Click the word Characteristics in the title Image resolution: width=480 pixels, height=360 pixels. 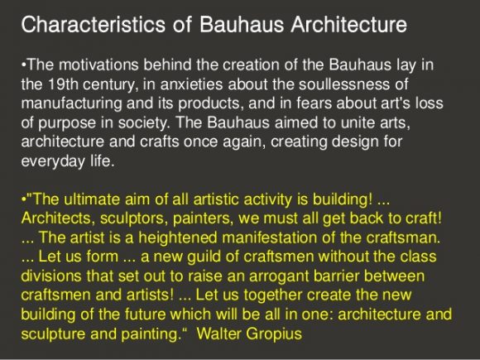tap(94, 24)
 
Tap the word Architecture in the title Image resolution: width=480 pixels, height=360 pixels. tap(348, 24)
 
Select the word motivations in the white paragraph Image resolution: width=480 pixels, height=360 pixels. tap(98, 65)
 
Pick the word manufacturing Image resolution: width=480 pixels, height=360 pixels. tap(72, 103)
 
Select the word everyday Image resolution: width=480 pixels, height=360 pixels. tap(53, 161)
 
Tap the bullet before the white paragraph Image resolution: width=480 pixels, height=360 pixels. tap(24, 65)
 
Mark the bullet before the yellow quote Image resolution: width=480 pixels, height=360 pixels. tap(24, 199)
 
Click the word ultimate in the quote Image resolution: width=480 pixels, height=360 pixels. tap(92, 199)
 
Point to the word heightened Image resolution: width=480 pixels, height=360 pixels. tap(178, 238)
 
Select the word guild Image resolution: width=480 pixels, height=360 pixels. tap(204, 257)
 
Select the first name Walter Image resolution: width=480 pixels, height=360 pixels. tap(219, 334)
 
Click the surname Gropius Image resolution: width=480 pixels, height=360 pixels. tap(274, 334)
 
